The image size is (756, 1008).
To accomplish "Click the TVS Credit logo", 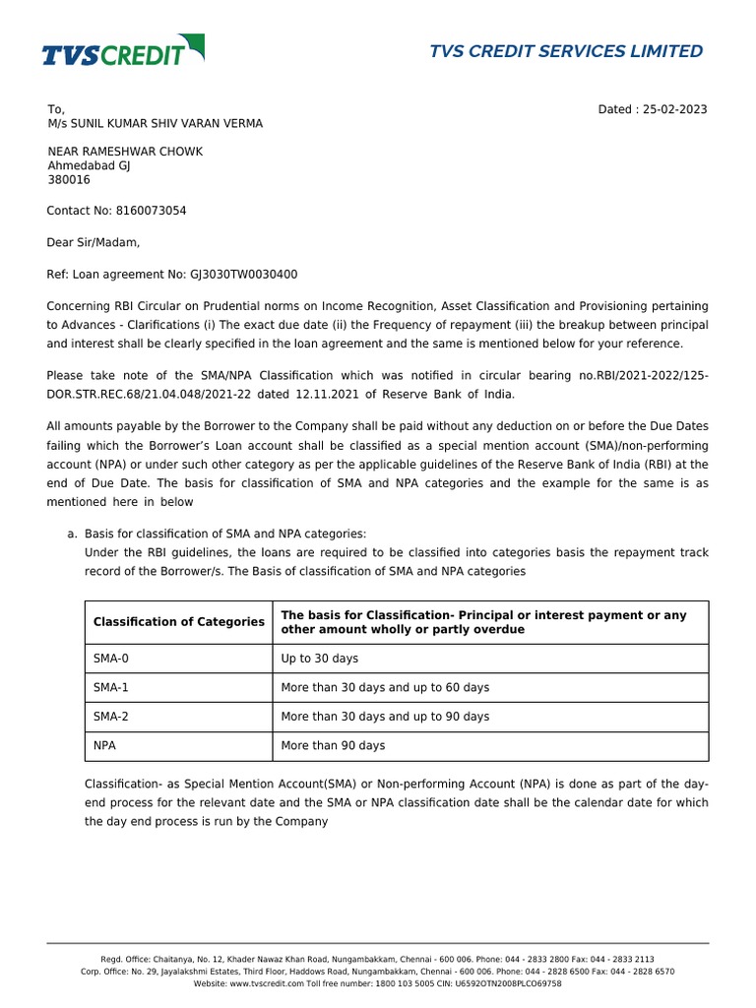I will (x=123, y=50).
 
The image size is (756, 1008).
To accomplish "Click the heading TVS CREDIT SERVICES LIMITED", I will (x=566, y=51).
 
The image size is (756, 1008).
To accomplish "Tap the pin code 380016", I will (x=69, y=180).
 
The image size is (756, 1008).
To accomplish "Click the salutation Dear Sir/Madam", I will (x=94, y=242).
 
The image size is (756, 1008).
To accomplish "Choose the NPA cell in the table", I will (x=104, y=746).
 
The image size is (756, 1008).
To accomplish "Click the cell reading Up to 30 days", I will (x=320, y=659).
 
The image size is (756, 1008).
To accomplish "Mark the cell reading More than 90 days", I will (x=333, y=746).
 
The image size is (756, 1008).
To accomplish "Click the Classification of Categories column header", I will (x=178, y=622).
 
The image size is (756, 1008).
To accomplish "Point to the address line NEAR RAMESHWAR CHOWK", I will (x=126, y=152).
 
